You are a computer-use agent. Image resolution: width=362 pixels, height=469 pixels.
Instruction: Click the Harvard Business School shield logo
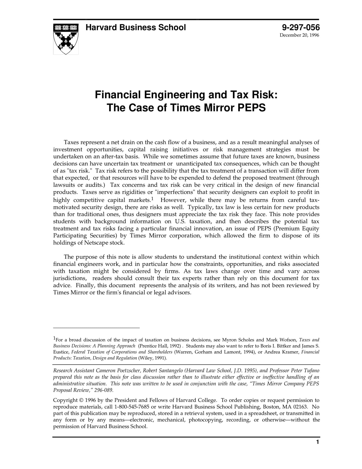66,39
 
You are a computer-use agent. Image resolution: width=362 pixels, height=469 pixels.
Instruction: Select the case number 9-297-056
301,27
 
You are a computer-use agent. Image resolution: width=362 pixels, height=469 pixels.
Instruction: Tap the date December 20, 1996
299,35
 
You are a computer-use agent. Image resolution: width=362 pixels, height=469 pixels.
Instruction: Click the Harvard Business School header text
136,27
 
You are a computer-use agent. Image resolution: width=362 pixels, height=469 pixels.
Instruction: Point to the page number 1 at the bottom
317,442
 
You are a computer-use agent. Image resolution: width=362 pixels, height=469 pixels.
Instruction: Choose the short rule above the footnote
96,328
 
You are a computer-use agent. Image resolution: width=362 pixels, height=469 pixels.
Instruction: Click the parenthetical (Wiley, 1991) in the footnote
152,358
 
